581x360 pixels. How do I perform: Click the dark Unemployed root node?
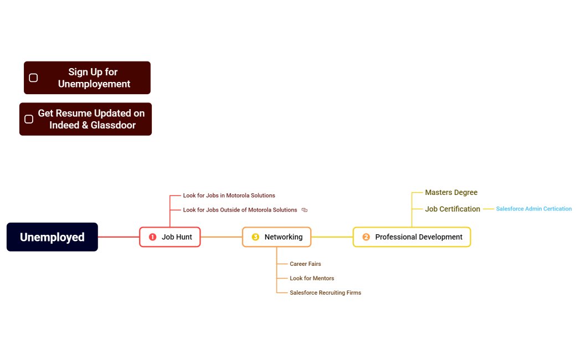pos(52,237)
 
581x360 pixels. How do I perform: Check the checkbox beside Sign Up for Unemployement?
pos(33,78)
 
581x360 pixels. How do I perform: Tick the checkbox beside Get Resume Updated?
pos(29,119)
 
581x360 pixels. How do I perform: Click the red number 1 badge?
pos(153,237)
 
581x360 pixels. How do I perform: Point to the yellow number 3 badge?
pos(255,237)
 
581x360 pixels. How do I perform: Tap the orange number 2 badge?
pos(366,237)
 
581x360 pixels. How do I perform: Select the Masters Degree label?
pos(451,193)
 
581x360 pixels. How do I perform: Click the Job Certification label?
pos(453,209)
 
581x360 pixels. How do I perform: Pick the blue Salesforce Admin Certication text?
pos(533,209)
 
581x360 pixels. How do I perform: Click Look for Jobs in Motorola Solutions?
pos(229,196)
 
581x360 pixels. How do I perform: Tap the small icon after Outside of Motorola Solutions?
pos(305,210)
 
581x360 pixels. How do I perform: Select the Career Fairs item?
pos(305,264)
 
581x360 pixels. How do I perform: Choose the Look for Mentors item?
pos(312,279)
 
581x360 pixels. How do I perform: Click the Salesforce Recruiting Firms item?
pos(325,293)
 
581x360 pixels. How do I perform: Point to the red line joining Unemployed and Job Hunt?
pos(119,237)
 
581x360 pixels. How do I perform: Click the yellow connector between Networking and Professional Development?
pos(332,237)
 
